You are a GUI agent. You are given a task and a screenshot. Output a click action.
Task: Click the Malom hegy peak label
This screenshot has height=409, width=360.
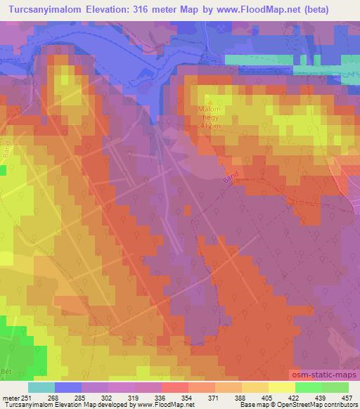pyautogui.click(x=209, y=115)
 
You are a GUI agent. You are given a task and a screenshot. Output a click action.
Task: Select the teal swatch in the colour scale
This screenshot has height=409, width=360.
pyautogui.click(x=41, y=387)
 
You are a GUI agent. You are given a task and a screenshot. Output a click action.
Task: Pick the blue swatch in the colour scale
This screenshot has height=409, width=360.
pyautogui.click(x=67, y=387)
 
